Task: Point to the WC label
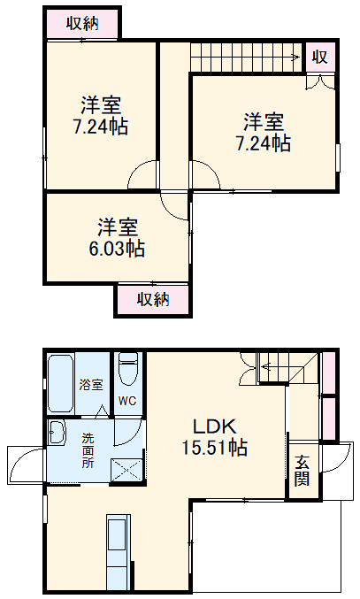(126, 399)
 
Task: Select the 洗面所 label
(88, 450)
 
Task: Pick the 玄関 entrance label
(302, 469)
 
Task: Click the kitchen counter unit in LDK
(119, 550)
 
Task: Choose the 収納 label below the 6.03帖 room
(152, 299)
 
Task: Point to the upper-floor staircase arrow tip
(298, 58)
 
